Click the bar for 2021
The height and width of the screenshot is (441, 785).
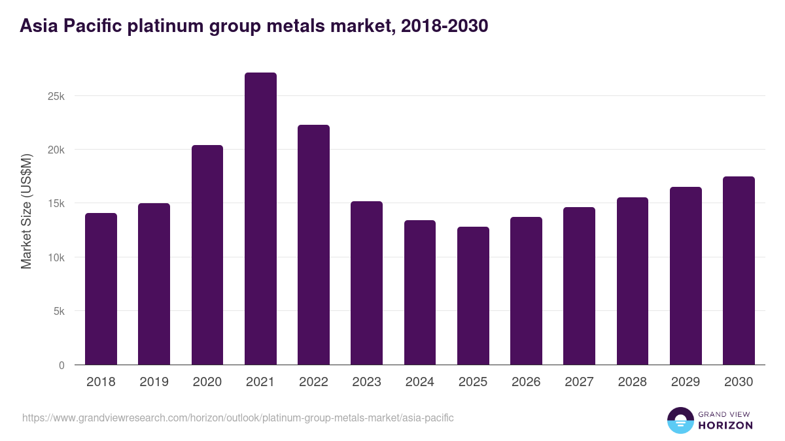[260, 219]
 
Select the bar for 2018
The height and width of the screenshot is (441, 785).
[101, 289]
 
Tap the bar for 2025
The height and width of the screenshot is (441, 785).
[473, 296]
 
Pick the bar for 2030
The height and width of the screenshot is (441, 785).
[739, 270]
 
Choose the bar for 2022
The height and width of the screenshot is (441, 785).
[313, 245]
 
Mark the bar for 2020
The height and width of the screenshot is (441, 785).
[207, 255]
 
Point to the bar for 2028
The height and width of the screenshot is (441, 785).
[633, 281]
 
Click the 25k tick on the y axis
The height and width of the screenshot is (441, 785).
[56, 96]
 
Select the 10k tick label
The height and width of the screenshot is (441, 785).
[56, 257]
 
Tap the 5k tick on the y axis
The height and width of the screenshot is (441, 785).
[58, 312]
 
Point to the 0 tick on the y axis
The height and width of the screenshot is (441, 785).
[61, 365]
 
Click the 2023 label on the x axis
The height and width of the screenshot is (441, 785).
[366, 382]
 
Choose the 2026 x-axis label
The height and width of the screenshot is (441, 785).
[526, 382]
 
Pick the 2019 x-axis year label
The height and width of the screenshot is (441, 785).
[154, 382]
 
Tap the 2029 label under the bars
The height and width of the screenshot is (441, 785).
[686, 382]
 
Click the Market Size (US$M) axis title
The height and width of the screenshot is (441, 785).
[26, 211]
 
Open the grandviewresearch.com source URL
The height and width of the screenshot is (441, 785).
[237, 417]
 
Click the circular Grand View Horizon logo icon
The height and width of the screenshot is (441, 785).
[680, 420]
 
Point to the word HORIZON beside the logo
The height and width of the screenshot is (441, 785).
[726, 425]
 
